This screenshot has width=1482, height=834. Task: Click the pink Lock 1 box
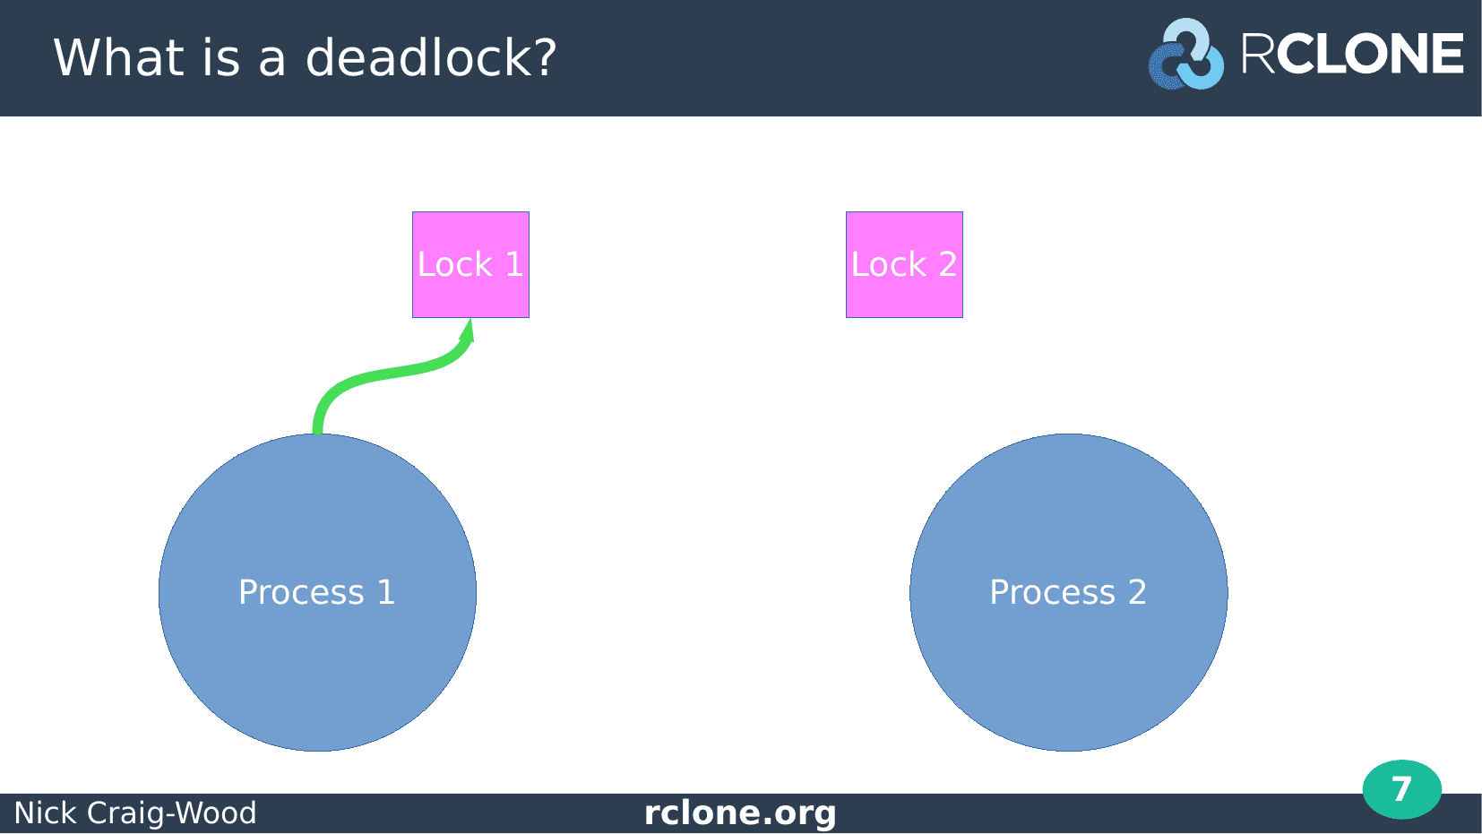[x=470, y=264]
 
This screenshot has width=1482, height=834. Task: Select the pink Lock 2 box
[x=904, y=264]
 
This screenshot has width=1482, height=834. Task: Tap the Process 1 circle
[x=317, y=593]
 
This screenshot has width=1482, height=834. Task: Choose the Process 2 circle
[x=1069, y=593]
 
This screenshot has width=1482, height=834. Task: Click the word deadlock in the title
[x=417, y=56]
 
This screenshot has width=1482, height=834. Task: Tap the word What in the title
[x=117, y=56]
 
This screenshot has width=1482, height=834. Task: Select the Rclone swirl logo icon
[x=1185, y=55]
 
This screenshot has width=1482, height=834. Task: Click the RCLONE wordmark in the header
[x=1352, y=53]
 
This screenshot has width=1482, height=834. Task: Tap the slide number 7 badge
[x=1402, y=789]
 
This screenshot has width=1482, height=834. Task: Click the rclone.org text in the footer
[x=740, y=813]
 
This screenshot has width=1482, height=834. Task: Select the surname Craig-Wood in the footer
[x=171, y=813]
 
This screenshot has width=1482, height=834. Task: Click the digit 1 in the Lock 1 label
[x=514, y=264]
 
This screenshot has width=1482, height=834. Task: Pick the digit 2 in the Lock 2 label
[x=947, y=264]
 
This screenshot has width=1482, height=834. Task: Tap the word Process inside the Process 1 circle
[x=301, y=592]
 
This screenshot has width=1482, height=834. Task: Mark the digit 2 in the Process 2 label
[x=1137, y=592]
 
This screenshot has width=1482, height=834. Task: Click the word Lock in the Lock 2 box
[x=888, y=264]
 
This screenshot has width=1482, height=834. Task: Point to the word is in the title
[x=221, y=56]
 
